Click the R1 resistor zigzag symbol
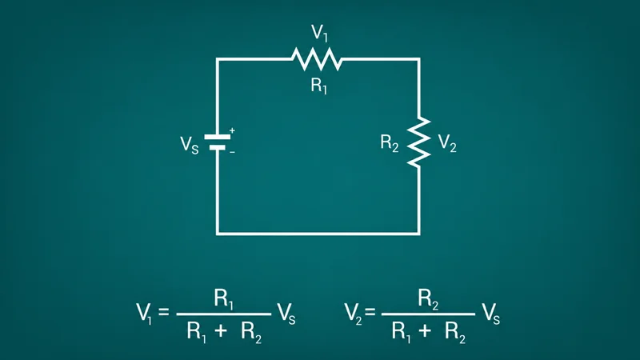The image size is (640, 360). [x=317, y=59]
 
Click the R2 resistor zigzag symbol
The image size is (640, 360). [x=418, y=142]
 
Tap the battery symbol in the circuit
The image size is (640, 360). [x=217, y=142]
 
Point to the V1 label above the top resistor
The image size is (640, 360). [x=319, y=33]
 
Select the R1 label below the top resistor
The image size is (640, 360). [x=319, y=86]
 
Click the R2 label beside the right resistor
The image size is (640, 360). [x=390, y=143]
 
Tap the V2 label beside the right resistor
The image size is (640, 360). [x=447, y=143]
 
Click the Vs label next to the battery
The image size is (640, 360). [x=190, y=145]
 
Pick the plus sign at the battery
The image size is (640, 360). [x=232, y=130]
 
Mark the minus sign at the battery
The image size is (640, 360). [x=232, y=152]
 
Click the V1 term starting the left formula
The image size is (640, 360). [x=144, y=314]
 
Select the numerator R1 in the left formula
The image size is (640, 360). [x=224, y=299]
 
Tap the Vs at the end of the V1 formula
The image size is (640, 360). [x=286, y=314]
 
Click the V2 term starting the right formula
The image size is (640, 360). [x=353, y=314]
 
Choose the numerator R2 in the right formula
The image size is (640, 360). [x=428, y=299]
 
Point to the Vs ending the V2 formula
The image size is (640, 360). [x=490, y=314]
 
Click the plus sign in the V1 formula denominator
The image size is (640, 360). [x=221, y=330]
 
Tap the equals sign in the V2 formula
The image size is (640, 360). [x=370, y=312]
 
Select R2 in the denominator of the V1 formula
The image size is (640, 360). [x=251, y=331]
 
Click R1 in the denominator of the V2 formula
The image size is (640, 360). [x=402, y=331]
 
